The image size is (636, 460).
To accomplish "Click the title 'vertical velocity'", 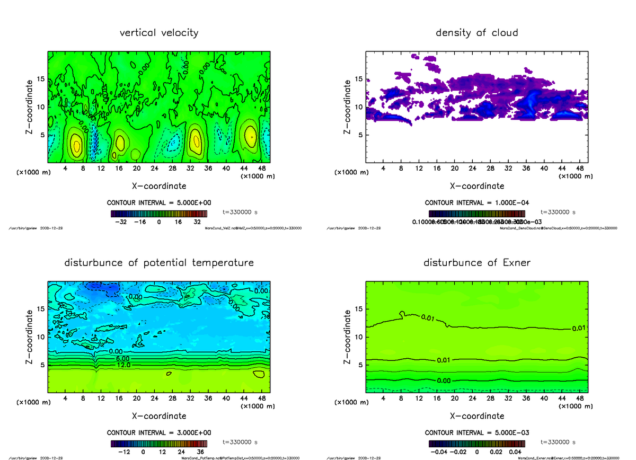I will coord(159,33).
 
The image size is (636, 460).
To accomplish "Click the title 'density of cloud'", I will coord(476,33).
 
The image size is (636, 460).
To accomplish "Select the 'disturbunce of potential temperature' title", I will coord(159,263).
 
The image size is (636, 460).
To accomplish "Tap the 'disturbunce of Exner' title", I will coord(477,263).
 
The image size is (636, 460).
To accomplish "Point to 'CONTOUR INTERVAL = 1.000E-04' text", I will coord(477,203).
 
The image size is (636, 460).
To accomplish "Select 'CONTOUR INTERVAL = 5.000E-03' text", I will coord(477,432).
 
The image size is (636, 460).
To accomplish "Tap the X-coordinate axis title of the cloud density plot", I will coord(476,186).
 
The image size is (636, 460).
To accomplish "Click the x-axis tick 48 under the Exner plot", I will coord(579,398).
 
